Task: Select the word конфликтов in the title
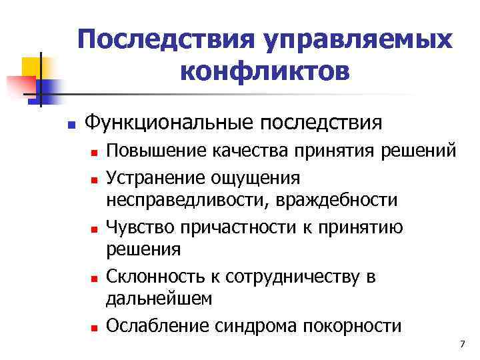click(x=264, y=70)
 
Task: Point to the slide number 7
click(x=461, y=343)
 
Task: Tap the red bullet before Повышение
click(x=95, y=153)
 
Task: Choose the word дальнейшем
click(x=159, y=299)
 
